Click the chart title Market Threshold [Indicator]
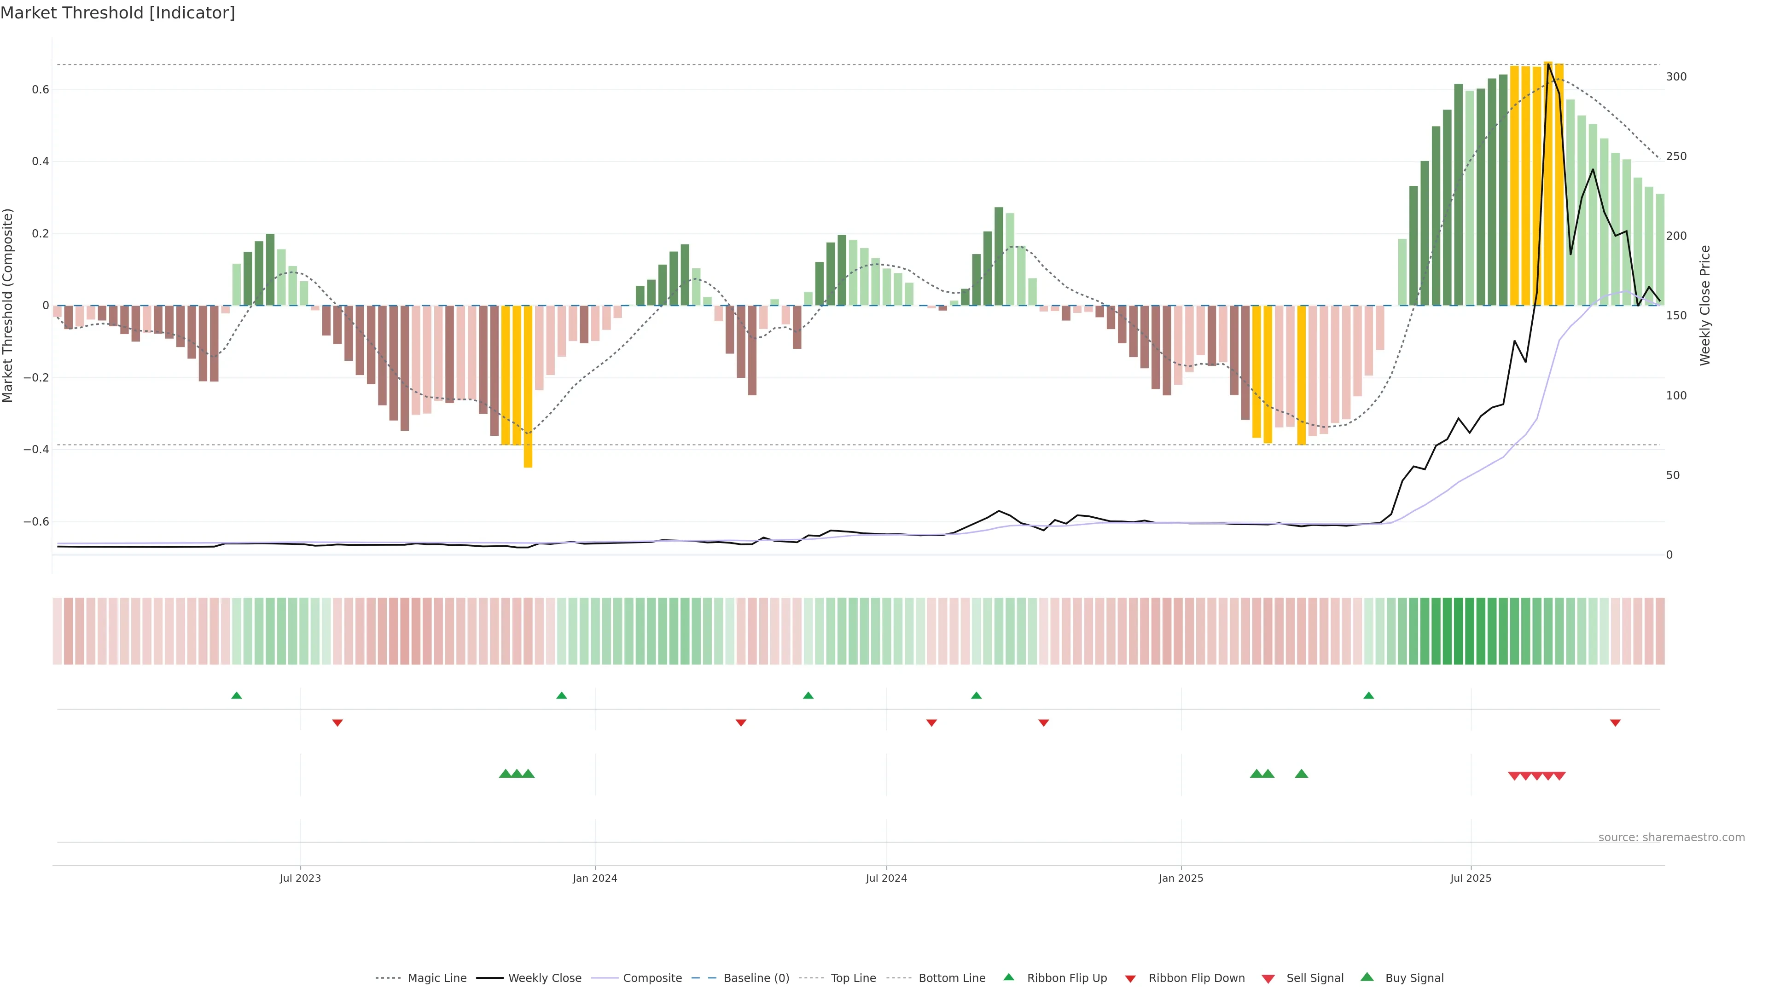tap(117, 13)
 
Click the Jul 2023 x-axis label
tap(300, 878)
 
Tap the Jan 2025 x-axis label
tap(1181, 878)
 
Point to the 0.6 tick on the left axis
tap(40, 90)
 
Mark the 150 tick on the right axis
tap(1676, 316)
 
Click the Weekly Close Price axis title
tap(1705, 305)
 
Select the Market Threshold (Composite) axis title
tap(8, 305)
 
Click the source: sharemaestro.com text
tap(1671, 838)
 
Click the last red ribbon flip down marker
tap(1615, 723)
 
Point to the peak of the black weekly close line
tap(1548, 64)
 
